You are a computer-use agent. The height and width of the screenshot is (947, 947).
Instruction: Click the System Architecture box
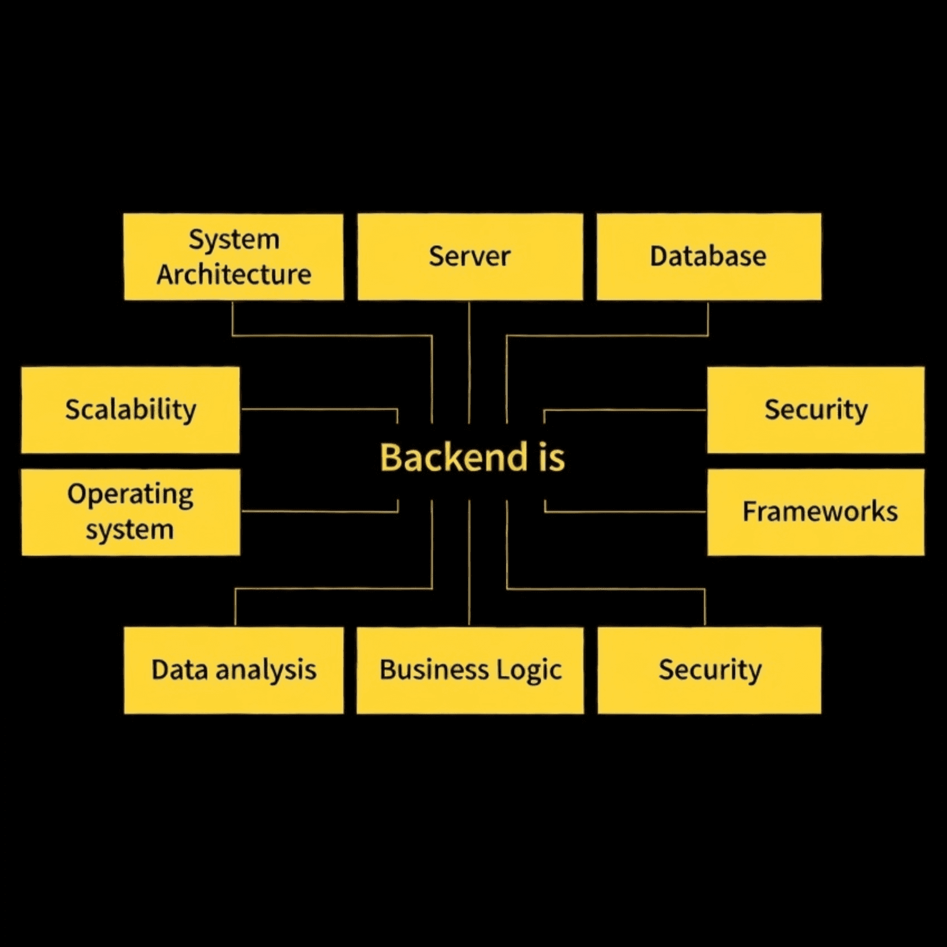[233, 257]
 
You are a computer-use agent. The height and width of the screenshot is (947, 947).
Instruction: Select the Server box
[470, 257]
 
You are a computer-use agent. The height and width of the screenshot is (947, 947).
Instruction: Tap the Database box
[708, 257]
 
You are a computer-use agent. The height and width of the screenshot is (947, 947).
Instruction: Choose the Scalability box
[130, 410]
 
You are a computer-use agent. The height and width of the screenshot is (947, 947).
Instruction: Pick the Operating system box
[130, 512]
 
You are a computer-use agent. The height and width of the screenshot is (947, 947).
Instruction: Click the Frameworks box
[816, 512]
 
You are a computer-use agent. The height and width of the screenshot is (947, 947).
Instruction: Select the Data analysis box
[233, 670]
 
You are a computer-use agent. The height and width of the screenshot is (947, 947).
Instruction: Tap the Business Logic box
[470, 670]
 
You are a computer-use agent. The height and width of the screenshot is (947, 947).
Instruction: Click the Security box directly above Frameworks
[816, 410]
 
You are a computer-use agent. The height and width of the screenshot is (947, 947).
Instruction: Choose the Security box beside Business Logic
[709, 670]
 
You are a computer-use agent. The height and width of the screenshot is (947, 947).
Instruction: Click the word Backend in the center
[454, 458]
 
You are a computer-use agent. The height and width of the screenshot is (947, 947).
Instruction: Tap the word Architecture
[233, 275]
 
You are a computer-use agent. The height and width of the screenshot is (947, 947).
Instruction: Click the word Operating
[130, 495]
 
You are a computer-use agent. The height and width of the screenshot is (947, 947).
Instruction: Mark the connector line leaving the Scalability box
[316, 409]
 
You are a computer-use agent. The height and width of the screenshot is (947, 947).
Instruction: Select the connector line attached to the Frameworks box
[627, 511]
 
